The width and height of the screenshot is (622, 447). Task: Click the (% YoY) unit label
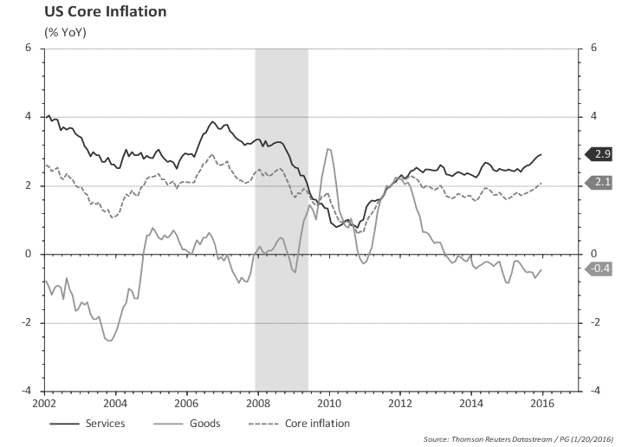pos(65,33)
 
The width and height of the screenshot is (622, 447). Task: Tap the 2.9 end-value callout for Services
pos(602,154)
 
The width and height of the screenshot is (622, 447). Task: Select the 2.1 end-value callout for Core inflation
pos(602,182)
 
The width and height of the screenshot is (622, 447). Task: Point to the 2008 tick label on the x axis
pos(256,403)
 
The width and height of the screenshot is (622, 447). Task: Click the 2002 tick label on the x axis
pos(45,403)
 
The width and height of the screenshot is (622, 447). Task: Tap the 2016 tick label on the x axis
pos(541,403)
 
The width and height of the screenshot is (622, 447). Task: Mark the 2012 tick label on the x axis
pos(399,403)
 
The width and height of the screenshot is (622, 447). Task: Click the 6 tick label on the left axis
pos(29,48)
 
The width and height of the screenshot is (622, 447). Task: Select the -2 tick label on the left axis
pos(26,323)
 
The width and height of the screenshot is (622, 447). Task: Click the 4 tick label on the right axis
pos(593,116)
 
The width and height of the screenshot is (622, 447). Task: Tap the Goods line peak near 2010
pos(328,149)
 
